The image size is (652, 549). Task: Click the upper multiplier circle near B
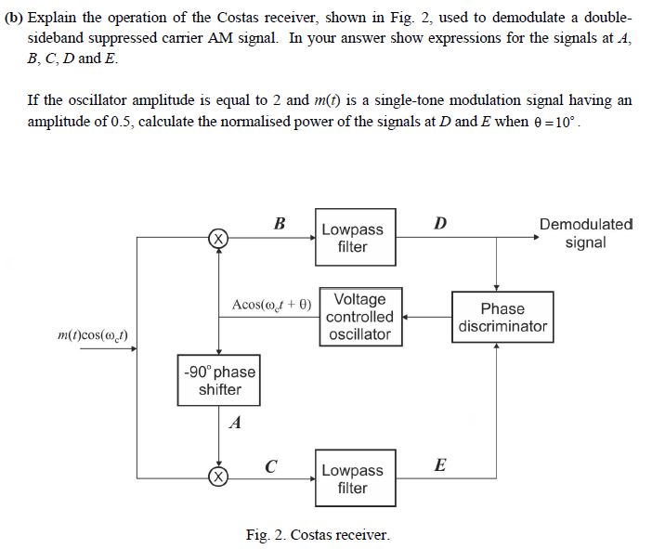(x=217, y=238)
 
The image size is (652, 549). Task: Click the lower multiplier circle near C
(x=217, y=478)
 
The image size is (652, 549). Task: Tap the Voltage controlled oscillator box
(x=360, y=317)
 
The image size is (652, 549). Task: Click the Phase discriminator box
(x=502, y=317)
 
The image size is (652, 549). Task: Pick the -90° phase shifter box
(x=218, y=380)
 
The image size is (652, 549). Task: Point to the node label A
(x=235, y=424)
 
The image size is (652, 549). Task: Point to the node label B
(x=279, y=223)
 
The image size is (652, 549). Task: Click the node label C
(x=270, y=464)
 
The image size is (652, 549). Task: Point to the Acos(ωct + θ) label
(x=272, y=303)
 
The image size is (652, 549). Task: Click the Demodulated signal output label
(x=586, y=233)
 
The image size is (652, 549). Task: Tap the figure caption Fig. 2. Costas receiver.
(x=318, y=534)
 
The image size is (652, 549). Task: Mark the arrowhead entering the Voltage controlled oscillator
(x=407, y=317)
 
